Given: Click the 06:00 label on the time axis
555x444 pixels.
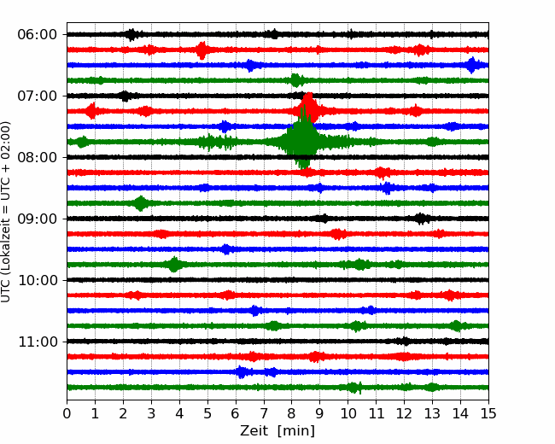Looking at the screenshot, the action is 37,35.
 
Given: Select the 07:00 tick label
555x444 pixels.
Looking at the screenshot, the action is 37,96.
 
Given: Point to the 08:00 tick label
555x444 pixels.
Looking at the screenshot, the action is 37,157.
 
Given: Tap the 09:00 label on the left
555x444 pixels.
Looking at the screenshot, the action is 37,219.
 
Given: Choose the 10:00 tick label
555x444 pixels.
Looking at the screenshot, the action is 37,280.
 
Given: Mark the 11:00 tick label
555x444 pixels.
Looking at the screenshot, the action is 37,342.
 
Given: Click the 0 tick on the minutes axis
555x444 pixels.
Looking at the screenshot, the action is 67,413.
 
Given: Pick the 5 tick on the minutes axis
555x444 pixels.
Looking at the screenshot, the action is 207,413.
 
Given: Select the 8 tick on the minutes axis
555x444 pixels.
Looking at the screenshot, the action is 292,413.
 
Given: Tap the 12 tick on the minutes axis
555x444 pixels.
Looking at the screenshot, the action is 404,413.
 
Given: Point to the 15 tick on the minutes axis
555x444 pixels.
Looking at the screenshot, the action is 488,413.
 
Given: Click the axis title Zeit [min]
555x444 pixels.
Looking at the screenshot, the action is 277,431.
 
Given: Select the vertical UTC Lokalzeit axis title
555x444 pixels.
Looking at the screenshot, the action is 6,212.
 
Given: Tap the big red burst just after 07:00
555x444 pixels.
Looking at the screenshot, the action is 309,108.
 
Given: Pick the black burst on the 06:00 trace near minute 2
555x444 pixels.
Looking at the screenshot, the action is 131,35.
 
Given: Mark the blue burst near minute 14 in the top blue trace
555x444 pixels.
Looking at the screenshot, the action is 472,65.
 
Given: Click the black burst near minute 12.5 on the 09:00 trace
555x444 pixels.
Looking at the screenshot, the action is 421,219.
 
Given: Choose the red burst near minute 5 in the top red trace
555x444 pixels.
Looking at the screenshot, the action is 202,50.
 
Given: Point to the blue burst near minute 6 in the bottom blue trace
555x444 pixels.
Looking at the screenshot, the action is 241,372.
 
